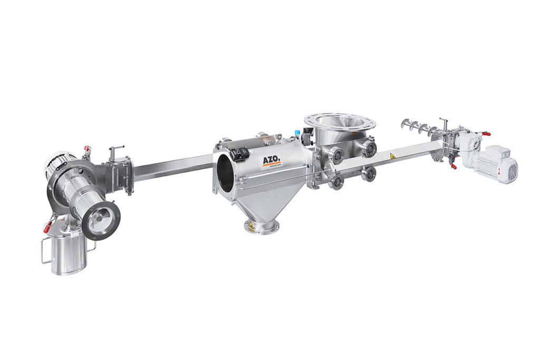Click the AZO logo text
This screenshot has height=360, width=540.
click(x=272, y=160)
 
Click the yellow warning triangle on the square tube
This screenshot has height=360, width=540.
click(x=392, y=157)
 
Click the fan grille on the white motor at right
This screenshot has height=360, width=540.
click(x=510, y=171)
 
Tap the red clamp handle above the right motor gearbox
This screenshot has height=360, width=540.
click(x=486, y=134)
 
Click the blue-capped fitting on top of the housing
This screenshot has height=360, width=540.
click(x=297, y=131)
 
